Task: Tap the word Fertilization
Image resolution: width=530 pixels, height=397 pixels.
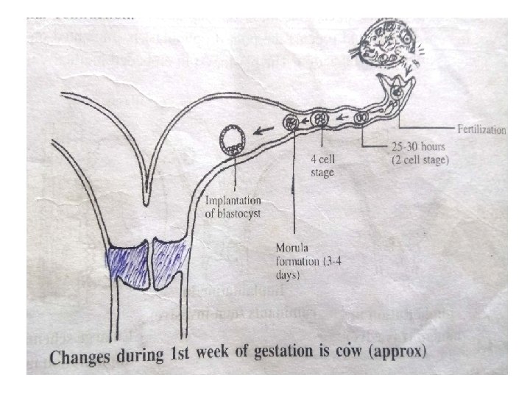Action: (x=481, y=130)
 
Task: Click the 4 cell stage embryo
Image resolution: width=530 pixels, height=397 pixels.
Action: (x=320, y=119)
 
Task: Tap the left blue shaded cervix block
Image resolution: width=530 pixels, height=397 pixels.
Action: (x=126, y=261)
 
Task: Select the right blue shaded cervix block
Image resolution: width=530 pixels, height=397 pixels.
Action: (x=169, y=261)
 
